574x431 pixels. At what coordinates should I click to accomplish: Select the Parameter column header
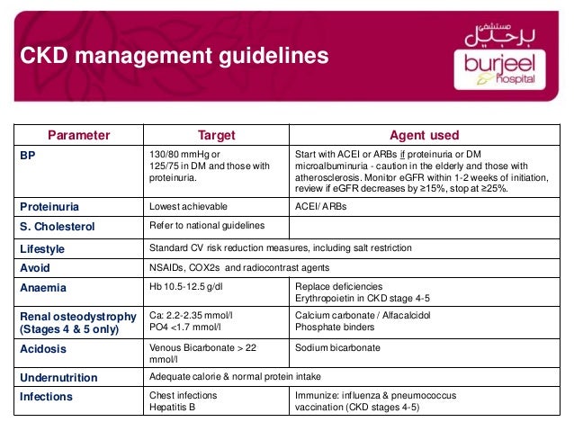pos(78,136)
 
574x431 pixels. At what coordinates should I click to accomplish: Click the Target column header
pos(216,136)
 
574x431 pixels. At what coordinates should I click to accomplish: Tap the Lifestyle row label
pos(45,247)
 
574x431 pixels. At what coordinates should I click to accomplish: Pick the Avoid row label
pos(36,267)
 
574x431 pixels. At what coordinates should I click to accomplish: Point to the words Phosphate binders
pos(335,328)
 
